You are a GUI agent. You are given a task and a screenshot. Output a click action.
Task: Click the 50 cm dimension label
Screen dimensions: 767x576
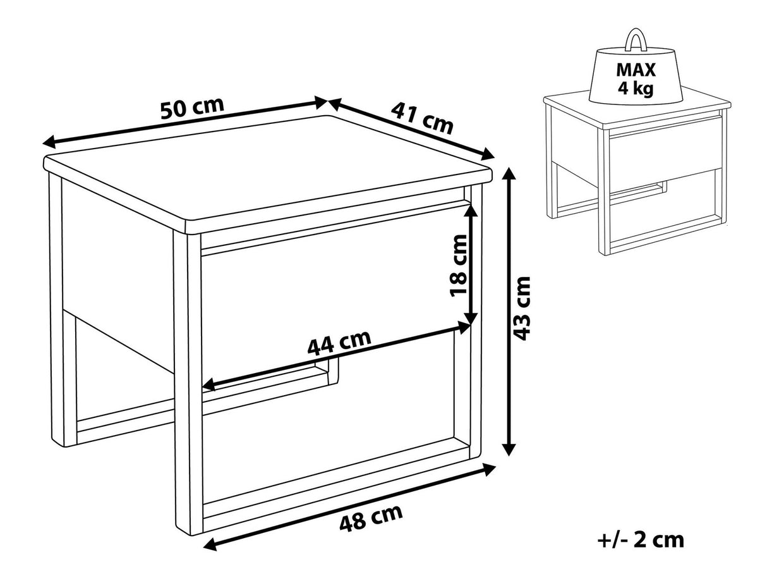pyautogui.click(x=192, y=107)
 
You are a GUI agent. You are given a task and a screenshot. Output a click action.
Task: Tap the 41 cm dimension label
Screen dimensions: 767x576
pyautogui.click(x=422, y=118)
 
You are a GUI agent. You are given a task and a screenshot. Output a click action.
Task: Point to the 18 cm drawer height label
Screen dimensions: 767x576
pyautogui.click(x=458, y=266)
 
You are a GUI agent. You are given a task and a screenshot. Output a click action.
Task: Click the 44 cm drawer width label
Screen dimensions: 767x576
pyautogui.click(x=339, y=343)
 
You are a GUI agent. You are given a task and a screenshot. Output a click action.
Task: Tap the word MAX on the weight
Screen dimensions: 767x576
pyautogui.click(x=636, y=70)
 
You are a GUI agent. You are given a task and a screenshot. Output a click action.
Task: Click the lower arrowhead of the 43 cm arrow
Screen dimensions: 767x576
pyautogui.click(x=509, y=449)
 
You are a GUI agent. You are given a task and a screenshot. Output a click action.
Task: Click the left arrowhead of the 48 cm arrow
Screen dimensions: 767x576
pyautogui.click(x=210, y=552)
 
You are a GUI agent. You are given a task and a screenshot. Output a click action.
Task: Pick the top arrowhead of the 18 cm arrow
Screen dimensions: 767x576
pyautogui.click(x=471, y=211)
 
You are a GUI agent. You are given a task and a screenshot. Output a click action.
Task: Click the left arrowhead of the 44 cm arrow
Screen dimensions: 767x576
pyautogui.click(x=208, y=384)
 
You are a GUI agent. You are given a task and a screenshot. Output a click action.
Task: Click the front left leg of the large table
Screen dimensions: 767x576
pyautogui.click(x=188, y=384)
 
